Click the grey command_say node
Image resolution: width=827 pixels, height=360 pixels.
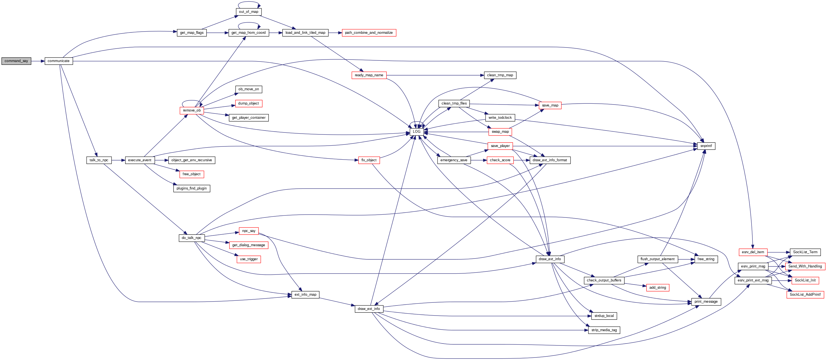16,61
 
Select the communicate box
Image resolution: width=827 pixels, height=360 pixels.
58,61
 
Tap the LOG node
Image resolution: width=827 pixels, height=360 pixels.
416,132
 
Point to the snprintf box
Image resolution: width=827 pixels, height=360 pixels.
706,146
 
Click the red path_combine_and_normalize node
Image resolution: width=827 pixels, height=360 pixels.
369,33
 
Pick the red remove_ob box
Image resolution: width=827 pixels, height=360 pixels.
192,110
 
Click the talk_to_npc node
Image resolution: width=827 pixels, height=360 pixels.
99,160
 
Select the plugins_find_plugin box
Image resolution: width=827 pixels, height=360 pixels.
191,188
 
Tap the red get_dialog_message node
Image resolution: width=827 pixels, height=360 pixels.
248,245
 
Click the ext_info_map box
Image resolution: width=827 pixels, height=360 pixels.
305,295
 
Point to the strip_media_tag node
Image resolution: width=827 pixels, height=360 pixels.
604,330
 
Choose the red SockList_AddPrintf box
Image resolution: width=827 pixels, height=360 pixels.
805,295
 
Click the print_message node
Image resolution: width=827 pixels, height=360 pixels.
706,302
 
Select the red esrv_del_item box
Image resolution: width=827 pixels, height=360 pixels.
753,252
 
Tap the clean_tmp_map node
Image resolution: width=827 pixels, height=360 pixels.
500,75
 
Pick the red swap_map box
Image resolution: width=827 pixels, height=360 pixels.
500,132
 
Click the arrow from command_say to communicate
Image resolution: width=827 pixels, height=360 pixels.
38,61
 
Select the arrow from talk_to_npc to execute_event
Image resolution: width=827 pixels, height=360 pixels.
118,160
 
